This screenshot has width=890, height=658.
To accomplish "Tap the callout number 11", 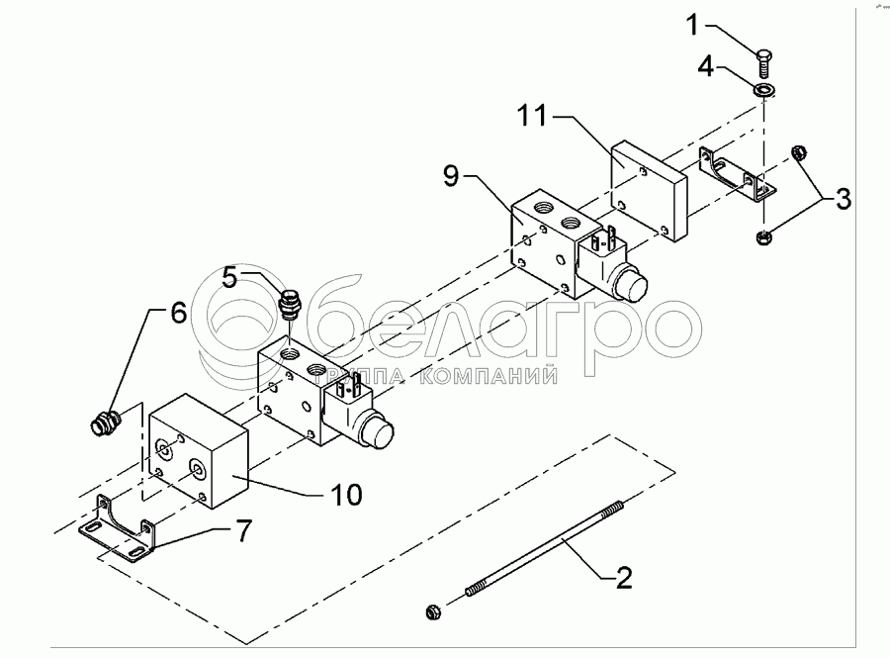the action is click(532, 117).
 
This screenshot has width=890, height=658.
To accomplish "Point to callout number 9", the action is click(451, 178).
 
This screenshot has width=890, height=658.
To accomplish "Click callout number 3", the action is click(843, 199).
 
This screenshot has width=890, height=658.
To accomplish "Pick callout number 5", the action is click(229, 279).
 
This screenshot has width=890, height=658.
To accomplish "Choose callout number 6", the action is click(177, 313).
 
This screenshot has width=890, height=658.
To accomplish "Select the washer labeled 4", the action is click(763, 90).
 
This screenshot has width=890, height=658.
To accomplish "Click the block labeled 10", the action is click(198, 449).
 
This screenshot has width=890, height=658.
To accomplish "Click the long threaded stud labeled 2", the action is click(544, 549).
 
